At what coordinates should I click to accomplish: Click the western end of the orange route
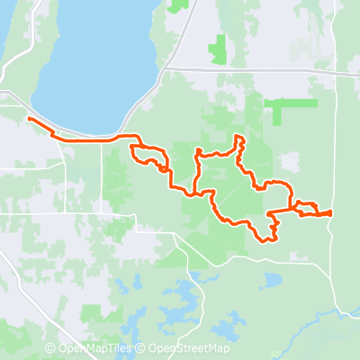30,119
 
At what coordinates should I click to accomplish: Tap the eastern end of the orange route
330,212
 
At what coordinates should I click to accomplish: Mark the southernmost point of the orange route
265,240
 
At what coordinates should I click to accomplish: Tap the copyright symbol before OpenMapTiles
50,348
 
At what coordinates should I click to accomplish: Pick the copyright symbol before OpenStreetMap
142,348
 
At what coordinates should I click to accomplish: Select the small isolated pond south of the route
270,281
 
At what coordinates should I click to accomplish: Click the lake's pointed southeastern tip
123,131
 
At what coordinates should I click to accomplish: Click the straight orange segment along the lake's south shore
90,141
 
